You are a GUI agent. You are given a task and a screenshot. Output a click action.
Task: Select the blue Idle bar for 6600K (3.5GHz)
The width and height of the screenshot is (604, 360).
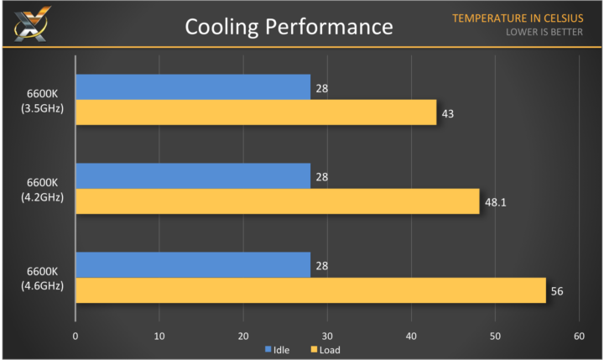tap(193, 87)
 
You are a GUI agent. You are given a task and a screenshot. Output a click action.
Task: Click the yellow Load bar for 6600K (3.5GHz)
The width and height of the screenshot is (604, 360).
tap(256, 112)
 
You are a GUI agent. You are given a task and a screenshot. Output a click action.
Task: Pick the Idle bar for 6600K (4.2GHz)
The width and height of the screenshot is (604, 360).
tap(193, 176)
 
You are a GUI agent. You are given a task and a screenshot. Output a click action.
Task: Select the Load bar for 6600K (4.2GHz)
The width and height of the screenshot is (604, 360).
tap(277, 201)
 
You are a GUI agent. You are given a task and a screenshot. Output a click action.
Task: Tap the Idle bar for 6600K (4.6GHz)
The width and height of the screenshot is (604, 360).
tap(193, 265)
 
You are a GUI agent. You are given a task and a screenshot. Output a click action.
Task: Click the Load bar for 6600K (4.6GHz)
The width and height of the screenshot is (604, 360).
tap(310, 290)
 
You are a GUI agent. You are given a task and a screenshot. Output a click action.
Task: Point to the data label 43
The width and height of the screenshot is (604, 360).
tap(448, 113)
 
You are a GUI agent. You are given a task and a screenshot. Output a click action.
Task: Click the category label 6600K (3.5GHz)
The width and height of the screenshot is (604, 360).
tap(39, 100)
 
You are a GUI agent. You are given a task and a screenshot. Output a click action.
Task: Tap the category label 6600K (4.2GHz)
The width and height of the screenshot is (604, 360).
tap(39, 189)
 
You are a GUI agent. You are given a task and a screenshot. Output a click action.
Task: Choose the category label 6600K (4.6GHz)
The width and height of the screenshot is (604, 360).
tap(39, 278)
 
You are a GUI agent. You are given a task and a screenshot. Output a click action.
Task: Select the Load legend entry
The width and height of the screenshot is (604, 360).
tap(325, 349)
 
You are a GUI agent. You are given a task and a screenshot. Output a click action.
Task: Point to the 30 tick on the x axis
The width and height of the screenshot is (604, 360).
tap(327, 336)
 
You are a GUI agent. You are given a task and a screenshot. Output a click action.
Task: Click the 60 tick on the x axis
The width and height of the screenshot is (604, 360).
tap(579, 336)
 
